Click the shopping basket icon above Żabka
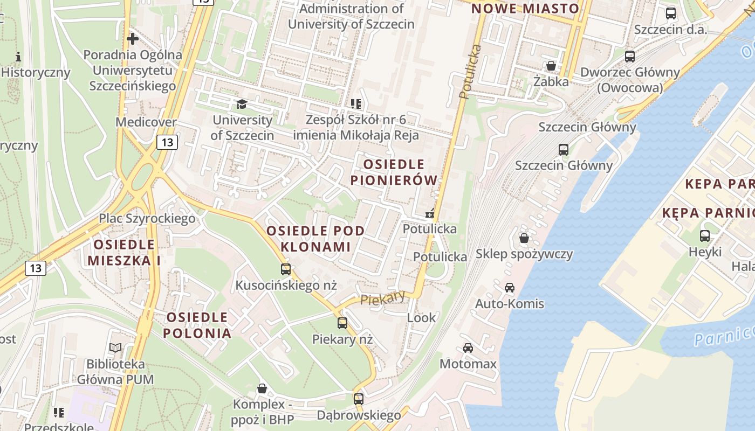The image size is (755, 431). pos(551,66)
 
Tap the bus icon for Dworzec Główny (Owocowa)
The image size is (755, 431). pos(629,56)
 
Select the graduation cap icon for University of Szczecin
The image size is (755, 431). pos(241,103)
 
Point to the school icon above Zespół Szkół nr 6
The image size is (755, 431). pos(355,103)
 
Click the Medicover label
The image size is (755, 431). pos(146,122)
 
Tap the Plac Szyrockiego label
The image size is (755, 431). pos(147,218)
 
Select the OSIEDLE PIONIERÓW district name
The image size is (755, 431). pos(394,172)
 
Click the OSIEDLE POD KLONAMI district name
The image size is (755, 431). pos(315,239)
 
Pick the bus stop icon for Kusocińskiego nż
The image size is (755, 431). pos(286,269)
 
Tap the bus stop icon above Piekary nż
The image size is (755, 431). pos(342,323)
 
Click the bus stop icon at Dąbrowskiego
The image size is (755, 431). pos(359,399)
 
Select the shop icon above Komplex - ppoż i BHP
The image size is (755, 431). pos(262,388)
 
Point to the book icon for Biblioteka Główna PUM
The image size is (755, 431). pos(115,348)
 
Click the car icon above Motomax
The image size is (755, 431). pos(468,347)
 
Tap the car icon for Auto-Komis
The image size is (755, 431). pos(509,288)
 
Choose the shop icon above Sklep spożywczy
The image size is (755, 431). pos(524,238)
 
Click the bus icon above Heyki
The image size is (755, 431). pos(704,235)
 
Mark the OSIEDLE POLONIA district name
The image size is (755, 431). pos(197,325)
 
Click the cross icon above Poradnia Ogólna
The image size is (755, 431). pos(132,39)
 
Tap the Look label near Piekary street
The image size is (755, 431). pos(421,318)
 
